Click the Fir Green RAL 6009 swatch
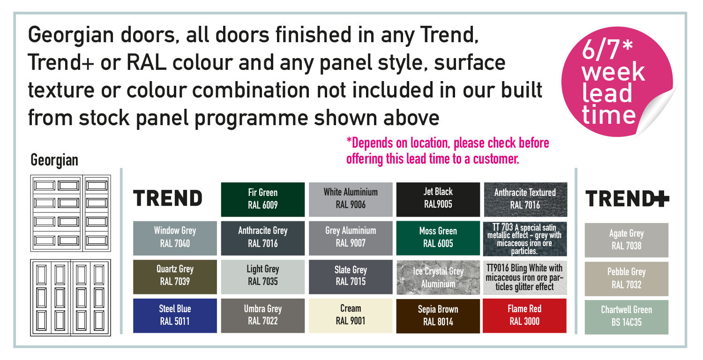click(262, 199)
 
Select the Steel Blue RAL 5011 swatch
click(175, 315)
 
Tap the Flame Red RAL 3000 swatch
click(524, 315)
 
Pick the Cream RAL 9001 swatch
click(351, 315)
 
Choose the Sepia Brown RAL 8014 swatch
click(438, 315)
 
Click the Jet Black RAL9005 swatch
click(438, 199)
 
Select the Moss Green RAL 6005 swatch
click(438, 238)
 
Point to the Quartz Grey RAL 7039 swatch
click(175, 277)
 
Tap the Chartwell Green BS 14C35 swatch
click(627, 317)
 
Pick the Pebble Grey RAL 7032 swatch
click(627, 279)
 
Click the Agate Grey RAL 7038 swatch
click(627, 240)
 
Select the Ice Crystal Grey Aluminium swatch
click(438, 277)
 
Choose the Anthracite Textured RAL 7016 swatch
click(525, 199)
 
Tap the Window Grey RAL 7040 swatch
click(175, 238)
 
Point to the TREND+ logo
click(627, 199)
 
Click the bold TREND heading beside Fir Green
click(168, 198)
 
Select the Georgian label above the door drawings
click(54, 160)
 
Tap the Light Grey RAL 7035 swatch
click(262, 277)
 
